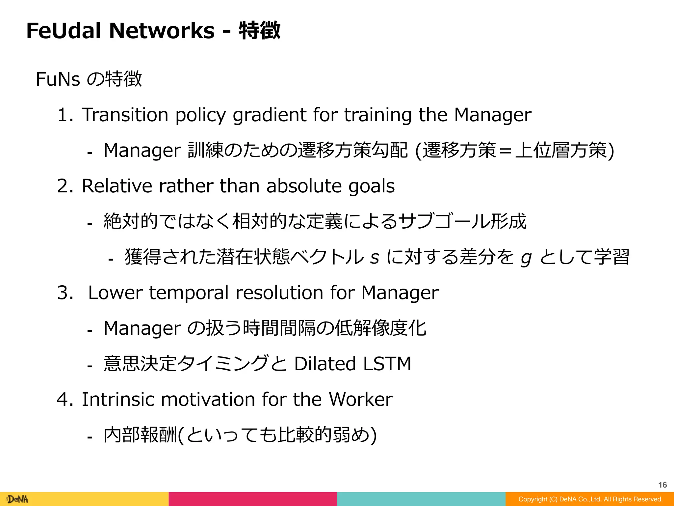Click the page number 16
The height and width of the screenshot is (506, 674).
pos(662,485)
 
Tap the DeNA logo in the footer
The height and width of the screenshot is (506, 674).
pos(18,499)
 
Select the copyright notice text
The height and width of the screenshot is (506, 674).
pos(590,499)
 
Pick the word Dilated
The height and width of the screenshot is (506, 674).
pos(325,364)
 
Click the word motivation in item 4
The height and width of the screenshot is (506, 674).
pos(208,399)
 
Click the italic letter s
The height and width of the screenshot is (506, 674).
pos(375,257)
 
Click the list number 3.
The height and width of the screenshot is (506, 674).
pos(65,293)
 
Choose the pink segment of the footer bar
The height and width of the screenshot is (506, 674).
pos(253,499)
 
